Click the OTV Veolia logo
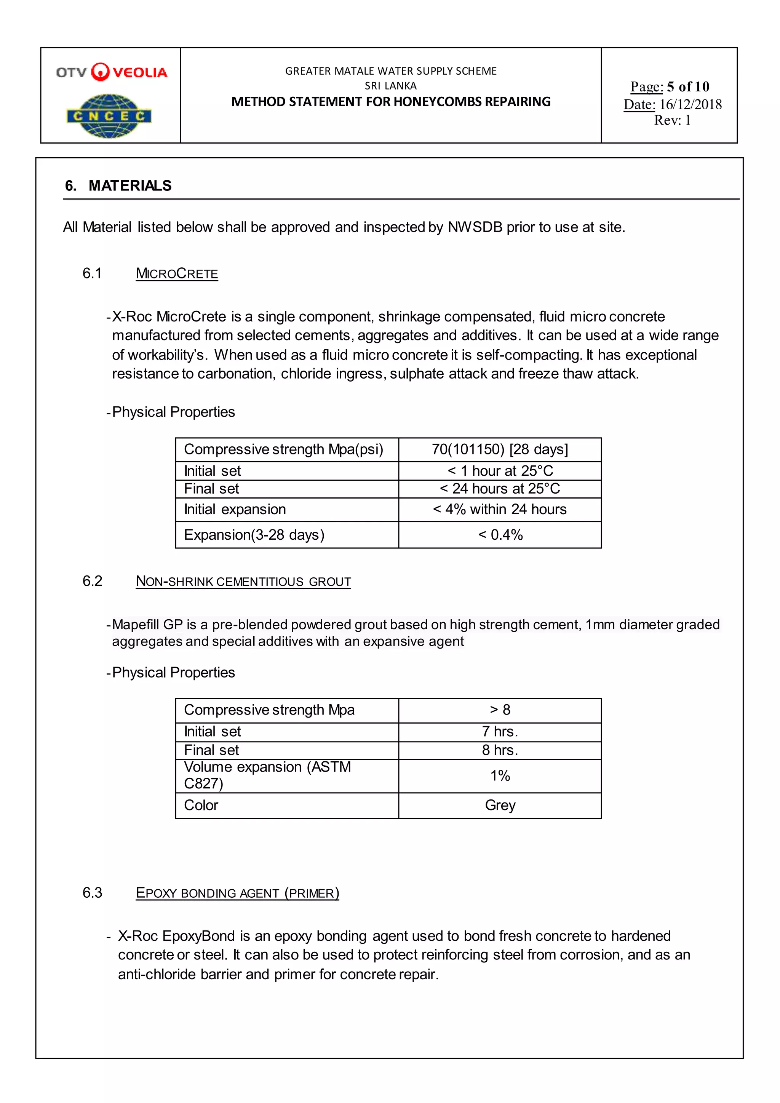coord(112,72)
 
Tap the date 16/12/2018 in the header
coord(690,104)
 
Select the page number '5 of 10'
coord(688,86)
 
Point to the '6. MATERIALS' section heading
coord(118,185)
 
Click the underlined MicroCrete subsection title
coord(177,273)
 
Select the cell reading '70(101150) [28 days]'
coord(500,449)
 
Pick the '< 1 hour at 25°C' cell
coord(500,470)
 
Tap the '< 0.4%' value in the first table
coord(500,534)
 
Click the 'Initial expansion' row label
coord(235,509)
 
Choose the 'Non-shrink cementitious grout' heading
coord(243,581)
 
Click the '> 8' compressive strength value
coord(500,710)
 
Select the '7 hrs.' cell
coord(500,731)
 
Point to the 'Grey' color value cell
coord(500,805)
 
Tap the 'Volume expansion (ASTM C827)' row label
coord(267,775)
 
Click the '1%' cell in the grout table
coord(500,775)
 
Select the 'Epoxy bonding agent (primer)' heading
coord(237,893)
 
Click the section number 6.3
coord(92,893)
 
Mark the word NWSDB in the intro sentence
coord(475,227)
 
